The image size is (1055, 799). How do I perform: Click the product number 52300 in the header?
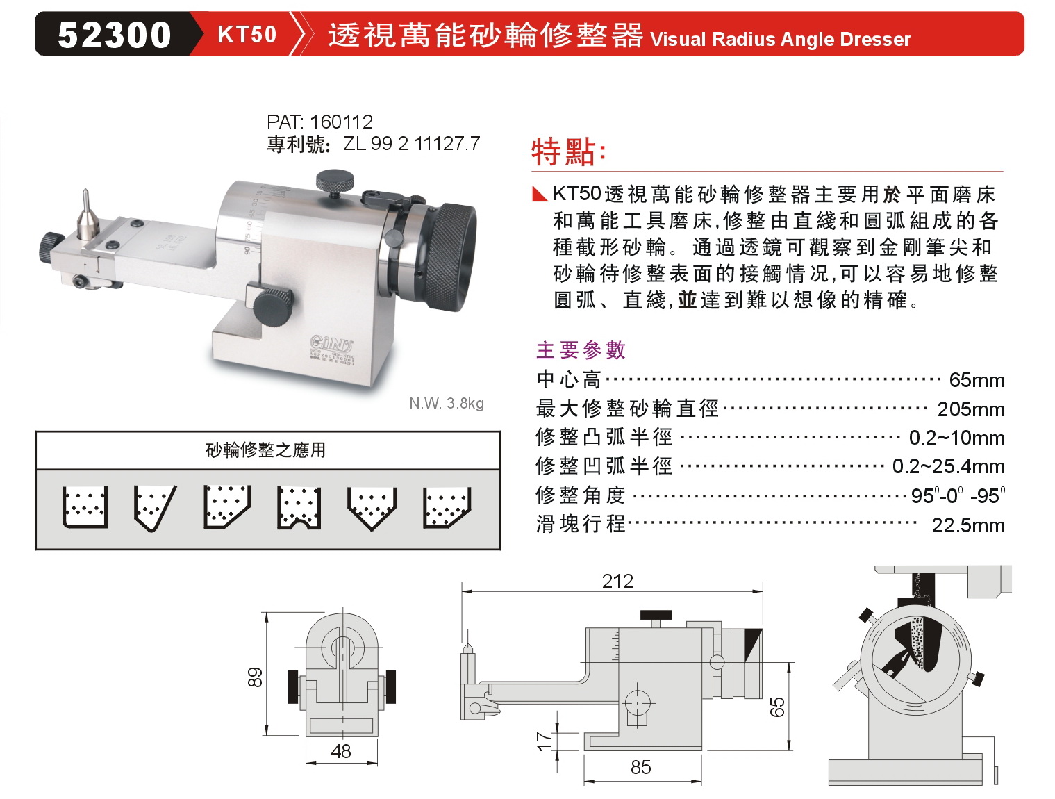[114, 35]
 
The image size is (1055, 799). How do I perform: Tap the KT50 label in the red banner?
[247, 34]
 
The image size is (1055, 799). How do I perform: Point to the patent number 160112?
[341, 122]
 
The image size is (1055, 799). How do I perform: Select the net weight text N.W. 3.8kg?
[447, 403]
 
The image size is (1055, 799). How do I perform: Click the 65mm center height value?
[977, 380]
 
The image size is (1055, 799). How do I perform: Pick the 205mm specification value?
[971, 409]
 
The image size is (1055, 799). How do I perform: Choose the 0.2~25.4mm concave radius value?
[948, 466]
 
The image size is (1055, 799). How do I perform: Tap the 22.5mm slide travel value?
[968, 525]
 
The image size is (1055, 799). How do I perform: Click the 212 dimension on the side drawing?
[617, 582]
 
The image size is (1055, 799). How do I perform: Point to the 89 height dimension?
[255, 677]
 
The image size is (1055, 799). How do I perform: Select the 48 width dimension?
[341, 751]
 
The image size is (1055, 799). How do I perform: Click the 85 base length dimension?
[640, 767]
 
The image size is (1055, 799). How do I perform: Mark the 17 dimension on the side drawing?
[545, 741]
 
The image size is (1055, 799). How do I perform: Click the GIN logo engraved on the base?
[331, 344]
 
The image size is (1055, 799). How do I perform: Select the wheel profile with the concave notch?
[299, 508]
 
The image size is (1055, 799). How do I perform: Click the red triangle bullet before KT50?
[540, 194]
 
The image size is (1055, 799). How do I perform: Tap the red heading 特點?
[568, 152]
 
